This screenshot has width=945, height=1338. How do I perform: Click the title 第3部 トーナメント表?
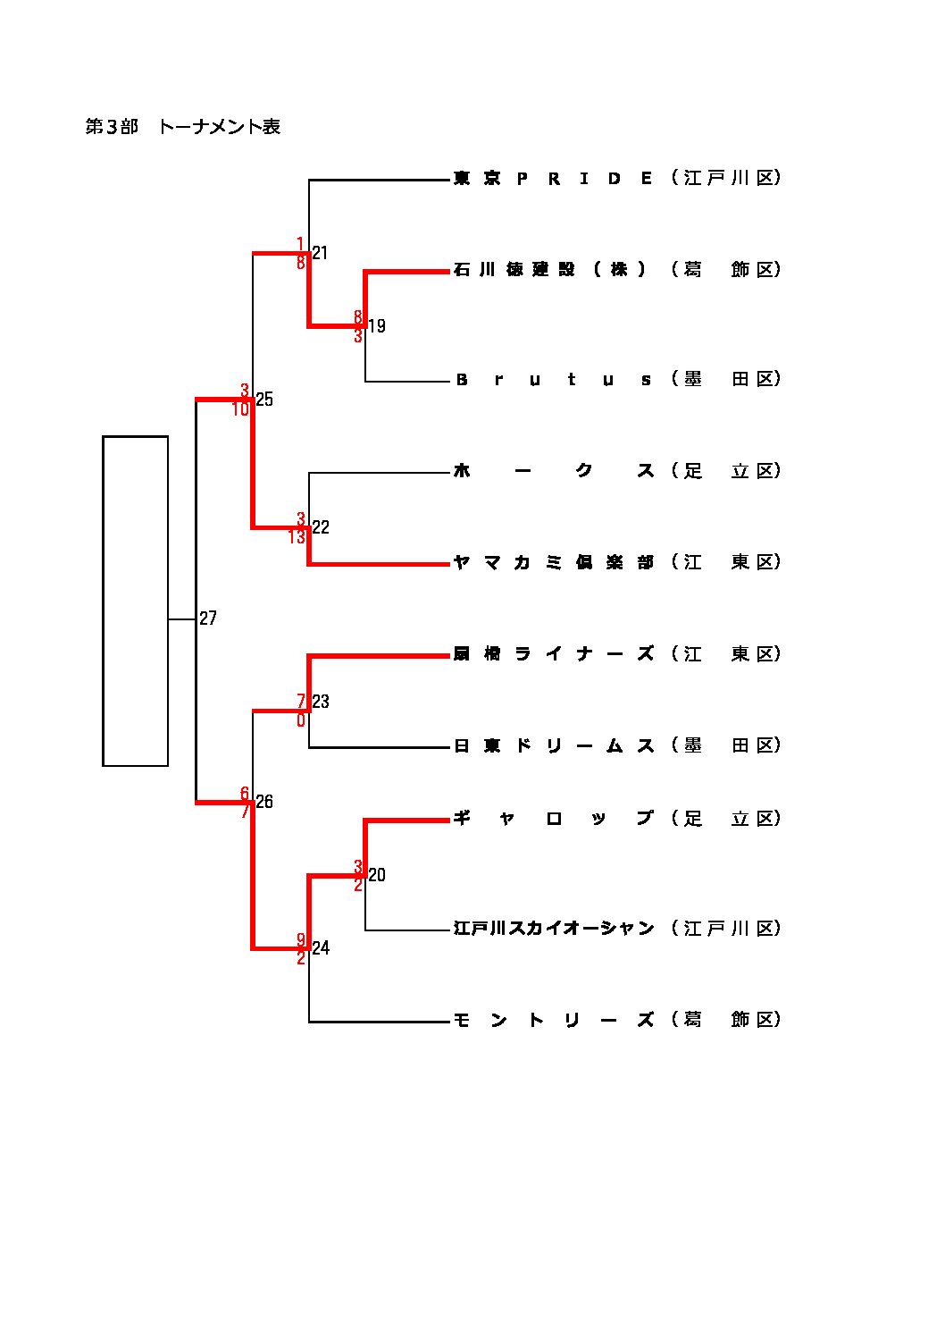[183, 127]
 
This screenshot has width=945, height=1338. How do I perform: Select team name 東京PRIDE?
[554, 178]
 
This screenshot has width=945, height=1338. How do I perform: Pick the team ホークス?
[554, 471]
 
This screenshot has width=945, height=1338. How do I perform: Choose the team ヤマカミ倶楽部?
[554, 562]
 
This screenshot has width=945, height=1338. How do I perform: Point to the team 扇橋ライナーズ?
[554, 654]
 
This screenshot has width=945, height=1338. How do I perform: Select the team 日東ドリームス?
[554, 745]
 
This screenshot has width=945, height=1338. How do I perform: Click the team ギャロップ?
[554, 819]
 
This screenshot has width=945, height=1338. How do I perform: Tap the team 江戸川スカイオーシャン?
[554, 929]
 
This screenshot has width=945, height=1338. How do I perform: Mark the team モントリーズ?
[554, 1020]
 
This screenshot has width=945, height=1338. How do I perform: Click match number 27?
[208, 619]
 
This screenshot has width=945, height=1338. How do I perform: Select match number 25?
[264, 400]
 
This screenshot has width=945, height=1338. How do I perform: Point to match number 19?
[377, 326]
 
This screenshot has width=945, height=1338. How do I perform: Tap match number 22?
[321, 527]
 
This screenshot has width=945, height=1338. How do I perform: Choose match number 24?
[321, 948]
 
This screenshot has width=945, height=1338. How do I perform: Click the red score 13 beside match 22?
[297, 538]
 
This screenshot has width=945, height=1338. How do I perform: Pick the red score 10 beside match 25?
[241, 409]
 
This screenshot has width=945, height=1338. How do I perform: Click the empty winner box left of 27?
[136, 601]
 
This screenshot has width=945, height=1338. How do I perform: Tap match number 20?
[377, 875]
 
